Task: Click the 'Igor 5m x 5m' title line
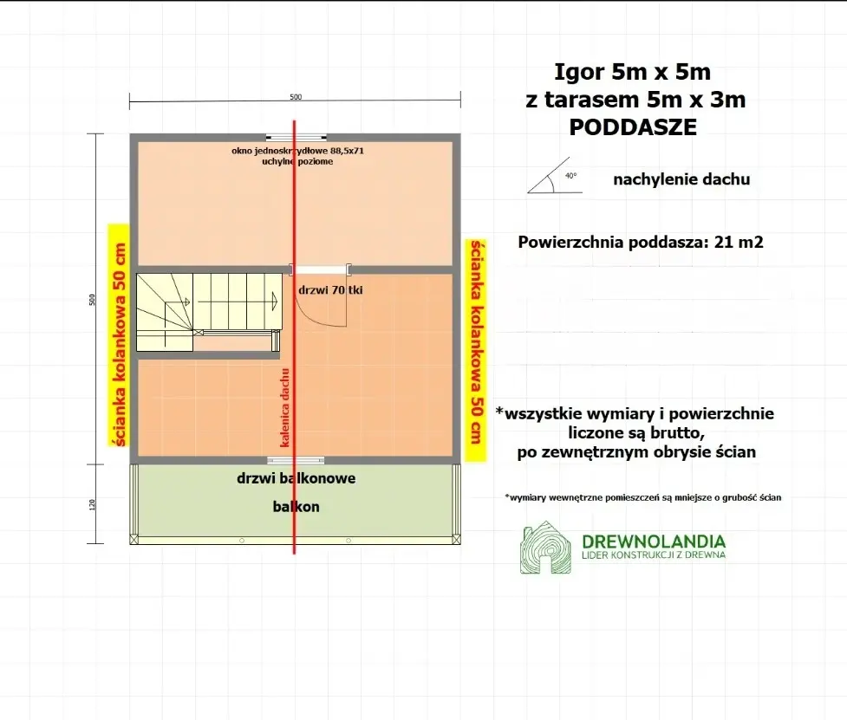click(632, 72)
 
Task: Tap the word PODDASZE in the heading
click(633, 127)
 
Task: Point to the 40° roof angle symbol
click(555, 176)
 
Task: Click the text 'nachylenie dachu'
click(681, 179)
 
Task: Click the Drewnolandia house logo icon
click(545, 548)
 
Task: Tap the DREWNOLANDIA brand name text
click(654, 542)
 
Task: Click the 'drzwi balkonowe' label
click(296, 478)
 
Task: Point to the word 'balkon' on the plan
click(296, 507)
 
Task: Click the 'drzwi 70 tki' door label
click(330, 290)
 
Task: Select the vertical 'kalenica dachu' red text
click(285, 407)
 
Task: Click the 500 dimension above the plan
click(296, 97)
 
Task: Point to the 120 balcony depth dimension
click(92, 504)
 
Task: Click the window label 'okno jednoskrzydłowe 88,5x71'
click(297, 151)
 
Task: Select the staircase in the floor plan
click(209, 312)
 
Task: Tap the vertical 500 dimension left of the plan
click(92, 300)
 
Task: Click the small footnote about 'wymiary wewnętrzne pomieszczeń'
click(642, 497)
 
